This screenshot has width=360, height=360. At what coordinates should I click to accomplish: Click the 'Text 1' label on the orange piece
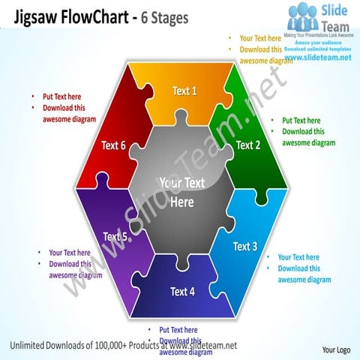click(184, 91)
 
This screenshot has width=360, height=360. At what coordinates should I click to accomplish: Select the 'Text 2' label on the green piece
click(247, 145)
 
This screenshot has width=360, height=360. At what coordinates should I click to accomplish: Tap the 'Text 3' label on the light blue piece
click(245, 246)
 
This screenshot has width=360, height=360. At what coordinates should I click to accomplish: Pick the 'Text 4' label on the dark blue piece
click(182, 291)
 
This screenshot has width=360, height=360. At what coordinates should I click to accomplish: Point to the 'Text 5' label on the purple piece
click(115, 237)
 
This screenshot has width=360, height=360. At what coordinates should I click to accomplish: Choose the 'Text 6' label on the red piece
click(113, 145)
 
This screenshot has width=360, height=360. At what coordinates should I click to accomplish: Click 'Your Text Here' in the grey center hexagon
click(181, 193)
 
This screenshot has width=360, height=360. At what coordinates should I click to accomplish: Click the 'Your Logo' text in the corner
click(336, 349)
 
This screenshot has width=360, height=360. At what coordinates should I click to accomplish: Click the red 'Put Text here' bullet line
click(61, 97)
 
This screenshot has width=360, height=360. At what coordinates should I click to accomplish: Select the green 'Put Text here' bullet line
click(301, 120)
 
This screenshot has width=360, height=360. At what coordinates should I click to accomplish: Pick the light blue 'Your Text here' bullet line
click(298, 257)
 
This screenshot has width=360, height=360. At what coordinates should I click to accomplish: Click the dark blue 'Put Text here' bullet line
click(178, 330)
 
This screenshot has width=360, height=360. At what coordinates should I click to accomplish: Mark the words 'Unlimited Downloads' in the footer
click(43, 345)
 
